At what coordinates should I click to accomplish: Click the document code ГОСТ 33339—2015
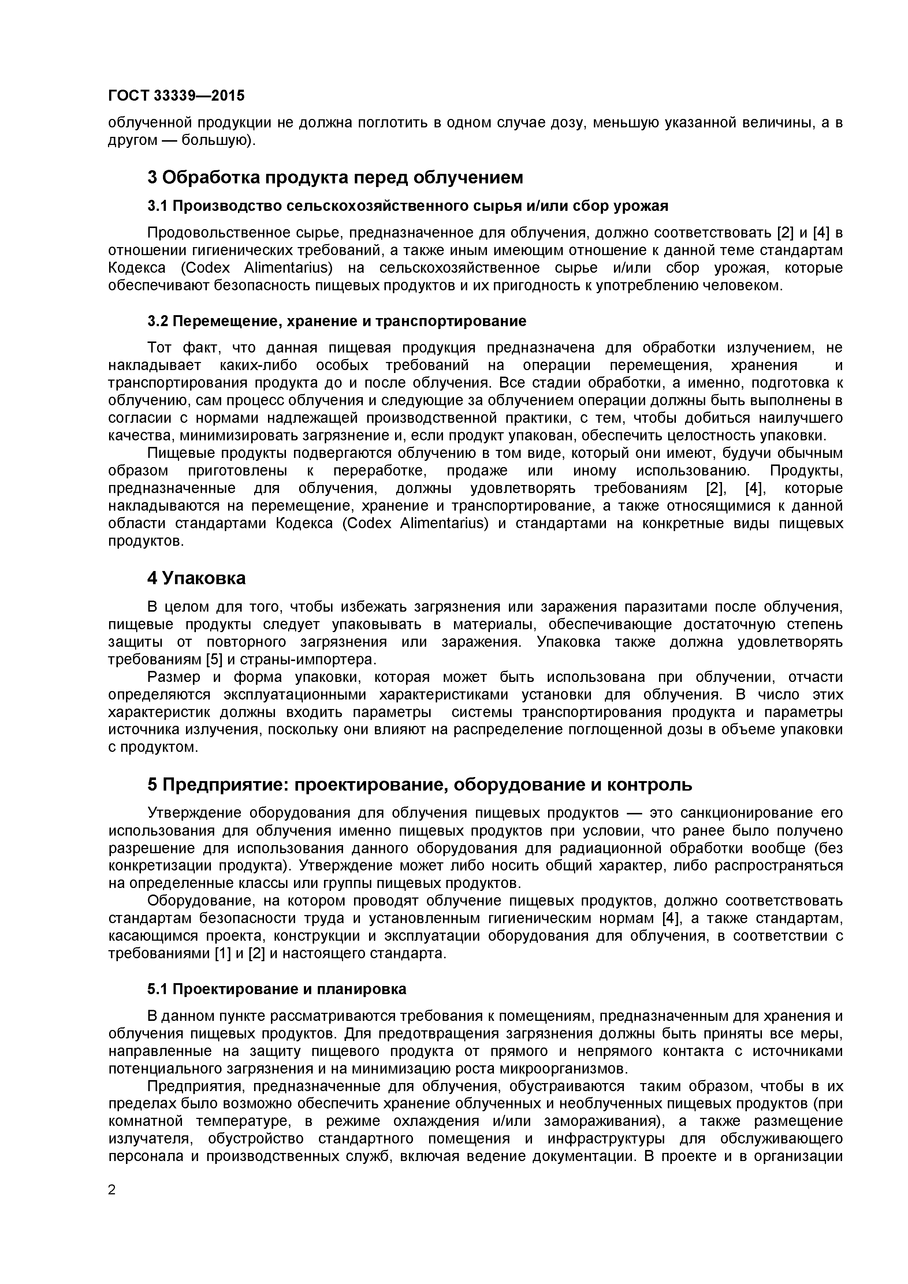click(x=176, y=96)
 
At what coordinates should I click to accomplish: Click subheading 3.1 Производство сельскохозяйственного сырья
click(x=407, y=206)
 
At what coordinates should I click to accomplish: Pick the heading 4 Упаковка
click(x=196, y=578)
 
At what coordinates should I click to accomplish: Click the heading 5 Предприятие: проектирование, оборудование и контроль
click(x=420, y=785)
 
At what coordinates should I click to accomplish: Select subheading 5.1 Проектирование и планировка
click(x=277, y=989)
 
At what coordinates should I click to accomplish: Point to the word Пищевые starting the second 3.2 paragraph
click(x=176, y=452)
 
